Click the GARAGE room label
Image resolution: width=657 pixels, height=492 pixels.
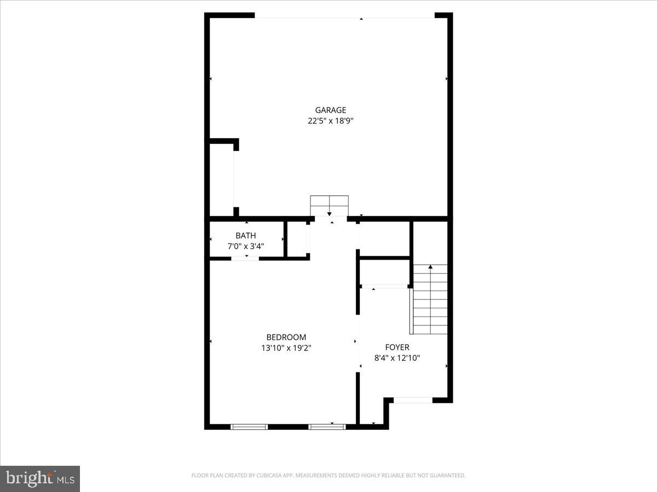tap(330, 110)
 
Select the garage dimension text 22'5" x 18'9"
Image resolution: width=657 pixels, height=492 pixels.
tap(330, 121)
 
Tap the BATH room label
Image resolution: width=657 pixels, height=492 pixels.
tap(246, 236)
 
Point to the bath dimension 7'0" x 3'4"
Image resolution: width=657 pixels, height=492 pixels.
tap(246, 247)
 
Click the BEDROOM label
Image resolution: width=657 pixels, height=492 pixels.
tap(286, 337)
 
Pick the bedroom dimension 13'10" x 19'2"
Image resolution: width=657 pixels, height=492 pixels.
tap(286, 348)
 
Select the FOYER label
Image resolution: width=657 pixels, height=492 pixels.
tap(397, 347)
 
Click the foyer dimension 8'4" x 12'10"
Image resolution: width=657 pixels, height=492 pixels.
tap(397, 358)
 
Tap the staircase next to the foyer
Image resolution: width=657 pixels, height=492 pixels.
tap(430, 301)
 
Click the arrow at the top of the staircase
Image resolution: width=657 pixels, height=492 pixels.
tap(430, 267)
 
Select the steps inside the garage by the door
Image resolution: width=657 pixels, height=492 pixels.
tap(329, 205)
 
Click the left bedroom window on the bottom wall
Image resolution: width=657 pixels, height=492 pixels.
tap(249, 426)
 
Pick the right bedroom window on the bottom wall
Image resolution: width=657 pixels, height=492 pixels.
tap(327, 426)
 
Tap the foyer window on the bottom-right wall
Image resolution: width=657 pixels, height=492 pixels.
tap(413, 400)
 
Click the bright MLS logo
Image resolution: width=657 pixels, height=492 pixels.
tap(40, 479)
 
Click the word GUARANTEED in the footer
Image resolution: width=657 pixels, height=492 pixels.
tap(446, 476)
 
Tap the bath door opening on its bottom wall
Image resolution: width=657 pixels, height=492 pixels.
tap(245, 258)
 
